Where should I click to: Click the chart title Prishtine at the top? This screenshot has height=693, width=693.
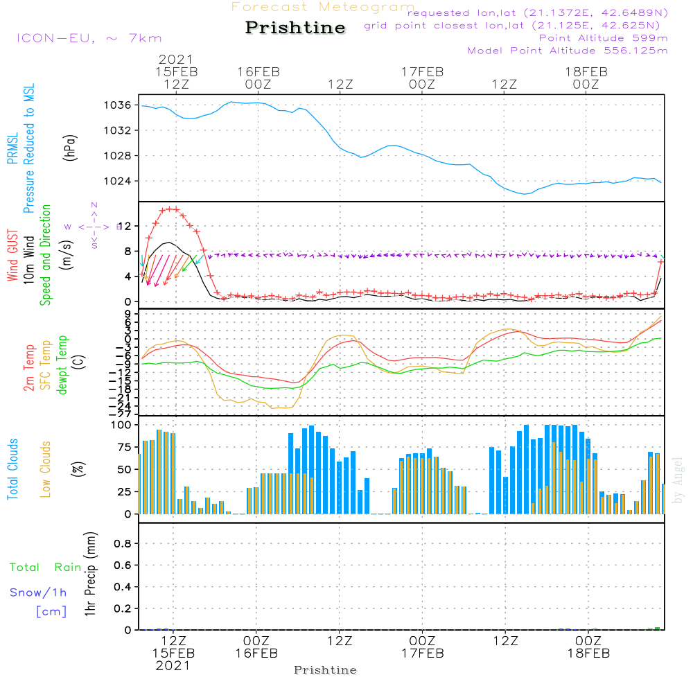295,28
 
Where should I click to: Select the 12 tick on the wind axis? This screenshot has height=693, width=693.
125,226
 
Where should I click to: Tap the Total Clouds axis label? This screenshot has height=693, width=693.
13,469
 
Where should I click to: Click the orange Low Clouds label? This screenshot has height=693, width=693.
46,469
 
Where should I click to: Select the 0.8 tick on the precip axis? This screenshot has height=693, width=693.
123,544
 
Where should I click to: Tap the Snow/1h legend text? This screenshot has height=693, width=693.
39,593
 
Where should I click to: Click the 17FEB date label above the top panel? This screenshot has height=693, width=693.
421,71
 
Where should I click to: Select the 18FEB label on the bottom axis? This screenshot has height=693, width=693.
588,653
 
